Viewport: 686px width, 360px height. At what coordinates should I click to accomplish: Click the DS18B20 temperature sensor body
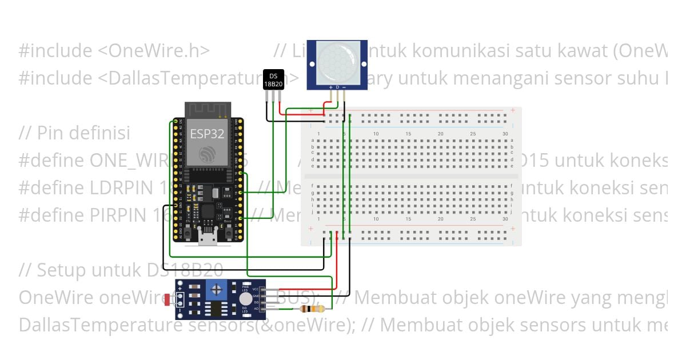[x=273, y=79]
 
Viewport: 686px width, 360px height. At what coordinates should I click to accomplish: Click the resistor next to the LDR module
[x=312, y=309]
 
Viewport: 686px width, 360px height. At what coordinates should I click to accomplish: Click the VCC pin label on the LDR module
[x=256, y=290]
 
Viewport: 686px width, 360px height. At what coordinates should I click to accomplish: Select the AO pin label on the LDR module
[x=256, y=309]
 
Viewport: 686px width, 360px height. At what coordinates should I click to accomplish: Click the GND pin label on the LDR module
[x=256, y=296]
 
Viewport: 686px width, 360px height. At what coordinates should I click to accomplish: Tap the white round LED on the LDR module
[x=245, y=298]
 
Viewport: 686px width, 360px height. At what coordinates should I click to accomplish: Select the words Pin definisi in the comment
[x=83, y=133]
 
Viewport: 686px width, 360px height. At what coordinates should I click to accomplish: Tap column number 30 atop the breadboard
[x=505, y=134]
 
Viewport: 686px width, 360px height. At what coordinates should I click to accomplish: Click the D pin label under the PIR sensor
[x=337, y=87]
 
